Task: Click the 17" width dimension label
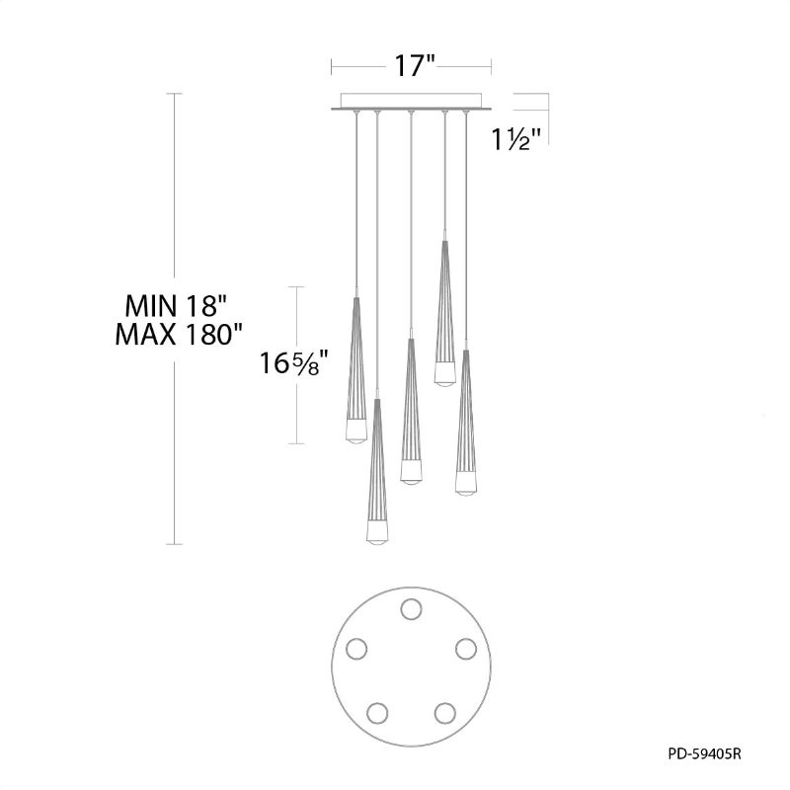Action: tap(414, 66)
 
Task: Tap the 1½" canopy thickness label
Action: tap(516, 139)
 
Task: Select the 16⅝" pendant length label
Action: tap(294, 362)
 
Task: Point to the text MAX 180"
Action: tap(179, 334)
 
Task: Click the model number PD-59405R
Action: tap(704, 753)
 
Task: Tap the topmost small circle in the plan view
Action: tap(411, 608)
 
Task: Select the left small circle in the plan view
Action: tap(356, 649)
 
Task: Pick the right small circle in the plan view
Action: tap(466, 649)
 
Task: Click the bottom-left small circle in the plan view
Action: tap(377, 713)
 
